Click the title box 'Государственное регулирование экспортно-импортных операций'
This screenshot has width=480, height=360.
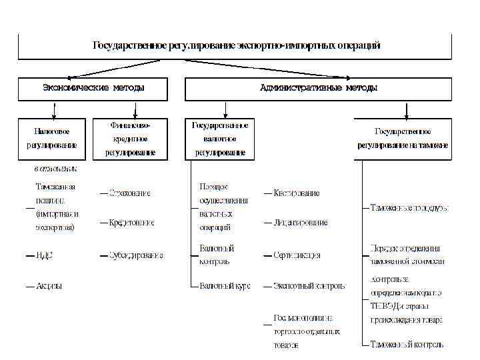(x=236, y=45)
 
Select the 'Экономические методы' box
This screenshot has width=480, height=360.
(x=93, y=87)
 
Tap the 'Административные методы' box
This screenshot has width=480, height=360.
(x=318, y=87)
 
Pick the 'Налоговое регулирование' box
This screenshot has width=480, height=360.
(x=52, y=139)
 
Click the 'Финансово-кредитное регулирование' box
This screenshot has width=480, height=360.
(x=130, y=139)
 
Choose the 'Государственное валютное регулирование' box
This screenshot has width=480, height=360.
(x=220, y=139)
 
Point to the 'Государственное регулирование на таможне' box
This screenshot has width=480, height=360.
(x=403, y=139)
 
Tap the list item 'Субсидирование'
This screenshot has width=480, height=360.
(x=137, y=255)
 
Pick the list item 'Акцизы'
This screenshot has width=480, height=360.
(x=49, y=286)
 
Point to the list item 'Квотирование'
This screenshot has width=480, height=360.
(x=296, y=193)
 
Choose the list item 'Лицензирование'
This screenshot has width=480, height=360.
(x=300, y=223)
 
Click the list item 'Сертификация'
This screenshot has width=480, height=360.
(x=297, y=255)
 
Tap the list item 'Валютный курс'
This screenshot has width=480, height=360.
(x=225, y=286)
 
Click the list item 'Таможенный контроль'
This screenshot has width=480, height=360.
(x=407, y=345)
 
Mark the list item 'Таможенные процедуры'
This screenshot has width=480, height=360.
(x=409, y=208)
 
